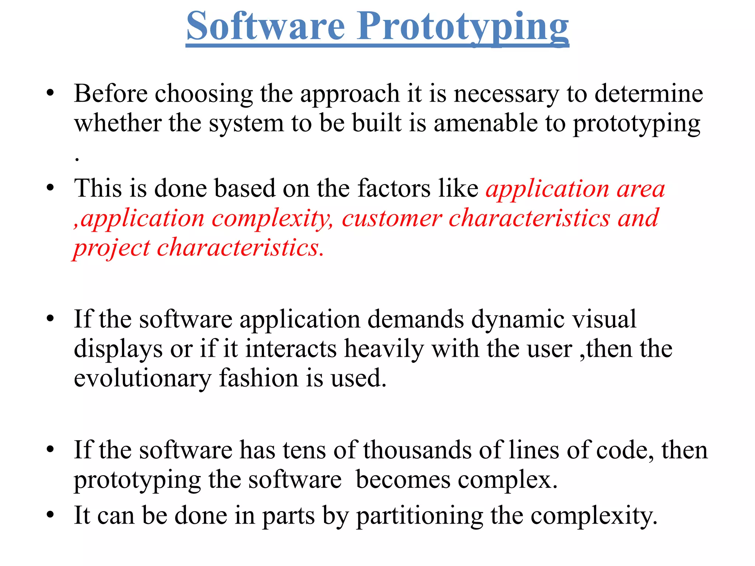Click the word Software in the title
click(x=265, y=27)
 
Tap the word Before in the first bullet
click(x=111, y=94)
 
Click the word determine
click(x=649, y=94)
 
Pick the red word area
click(x=641, y=189)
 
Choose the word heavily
click(x=384, y=349)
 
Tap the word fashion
click(x=258, y=378)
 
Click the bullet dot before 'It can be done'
click(x=51, y=514)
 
